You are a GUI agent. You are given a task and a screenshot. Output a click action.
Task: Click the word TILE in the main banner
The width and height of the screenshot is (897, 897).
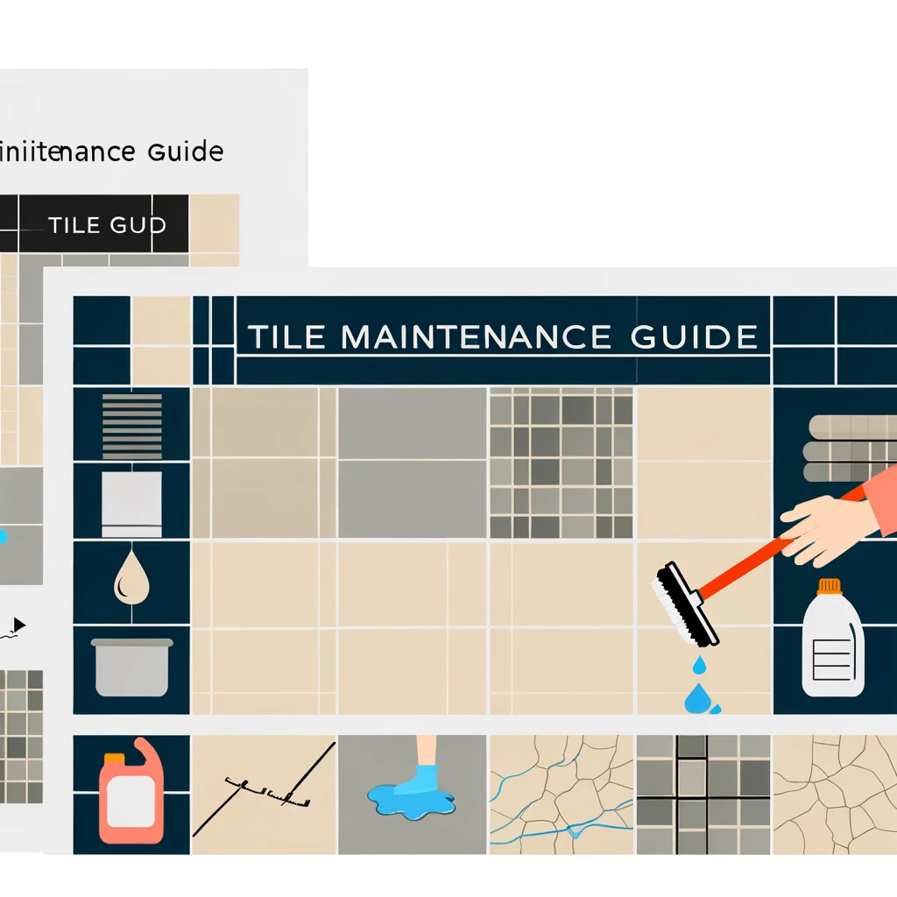tap(286, 337)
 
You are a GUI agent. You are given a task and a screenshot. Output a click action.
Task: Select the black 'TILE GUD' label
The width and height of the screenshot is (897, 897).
tap(106, 224)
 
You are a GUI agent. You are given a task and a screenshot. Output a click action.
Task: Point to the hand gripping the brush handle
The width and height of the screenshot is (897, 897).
tap(819, 526)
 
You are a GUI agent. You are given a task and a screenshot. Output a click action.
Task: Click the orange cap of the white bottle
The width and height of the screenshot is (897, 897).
tap(828, 586)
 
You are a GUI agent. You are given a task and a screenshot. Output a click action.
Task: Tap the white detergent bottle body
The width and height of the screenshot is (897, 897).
tap(832, 648)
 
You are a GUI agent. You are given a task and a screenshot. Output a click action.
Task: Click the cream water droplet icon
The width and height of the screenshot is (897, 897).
tap(131, 579)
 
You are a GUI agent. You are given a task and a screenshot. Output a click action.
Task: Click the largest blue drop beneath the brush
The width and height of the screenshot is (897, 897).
tap(697, 698)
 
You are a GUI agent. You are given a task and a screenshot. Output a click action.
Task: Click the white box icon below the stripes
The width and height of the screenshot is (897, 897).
tap(132, 503)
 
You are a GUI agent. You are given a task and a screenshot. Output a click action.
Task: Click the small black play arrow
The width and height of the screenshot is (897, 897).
tap(19, 625)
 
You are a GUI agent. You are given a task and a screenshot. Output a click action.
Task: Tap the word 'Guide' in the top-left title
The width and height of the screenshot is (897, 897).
tap(185, 152)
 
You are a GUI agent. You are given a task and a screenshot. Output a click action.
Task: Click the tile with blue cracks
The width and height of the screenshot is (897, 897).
tap(561, 793)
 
